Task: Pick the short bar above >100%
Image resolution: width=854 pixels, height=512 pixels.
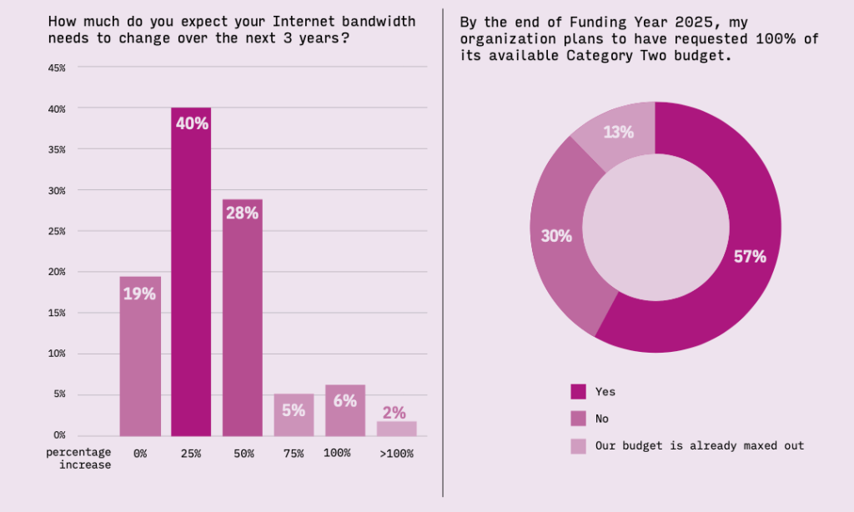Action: click(396, 429)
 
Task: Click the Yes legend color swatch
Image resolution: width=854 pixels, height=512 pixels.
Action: click(579, 391)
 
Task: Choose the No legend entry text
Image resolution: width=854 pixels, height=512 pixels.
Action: click(601, 419)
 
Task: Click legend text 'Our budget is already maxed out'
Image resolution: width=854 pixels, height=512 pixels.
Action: click(699, 446)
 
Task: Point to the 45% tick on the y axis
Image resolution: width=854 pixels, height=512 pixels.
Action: click(58, 68)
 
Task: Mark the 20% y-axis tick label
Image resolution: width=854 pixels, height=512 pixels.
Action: click(58, 272)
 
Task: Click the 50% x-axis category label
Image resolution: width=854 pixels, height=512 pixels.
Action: click(243, 454)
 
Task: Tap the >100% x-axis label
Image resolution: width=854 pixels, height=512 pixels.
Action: click(396, 454)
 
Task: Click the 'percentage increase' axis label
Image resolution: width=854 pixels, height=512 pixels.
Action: click(78, 459)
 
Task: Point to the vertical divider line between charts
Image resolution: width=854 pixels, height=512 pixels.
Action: click(443, 250)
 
